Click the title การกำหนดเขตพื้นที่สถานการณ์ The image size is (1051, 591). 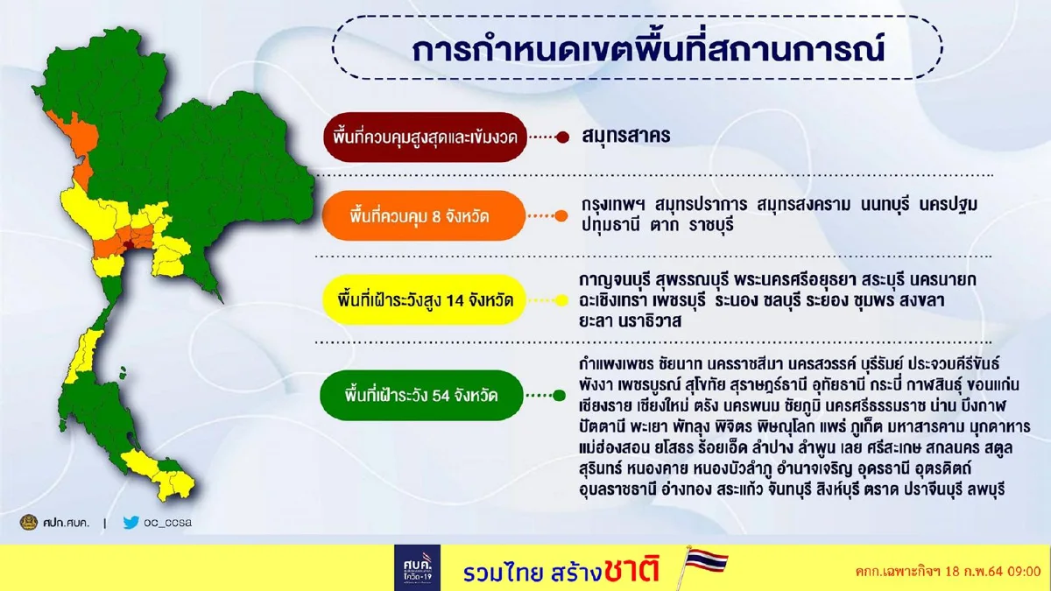click(x=648, y=50)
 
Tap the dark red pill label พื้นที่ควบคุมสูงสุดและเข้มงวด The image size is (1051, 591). click(x=426, y=137)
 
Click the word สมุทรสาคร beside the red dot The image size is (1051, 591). click(x=626, y=137)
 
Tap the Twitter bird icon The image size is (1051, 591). click(x=131, y=523)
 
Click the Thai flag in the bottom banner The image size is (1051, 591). click(x=699, y=566)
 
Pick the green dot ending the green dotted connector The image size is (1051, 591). click(x=559, y=395)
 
